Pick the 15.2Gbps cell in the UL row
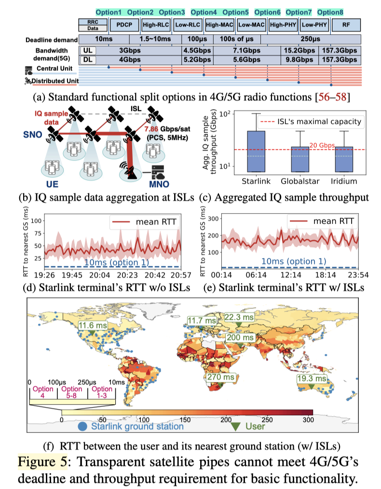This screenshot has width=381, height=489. [299, 50]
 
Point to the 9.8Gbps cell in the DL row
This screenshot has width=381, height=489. [299, 59]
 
